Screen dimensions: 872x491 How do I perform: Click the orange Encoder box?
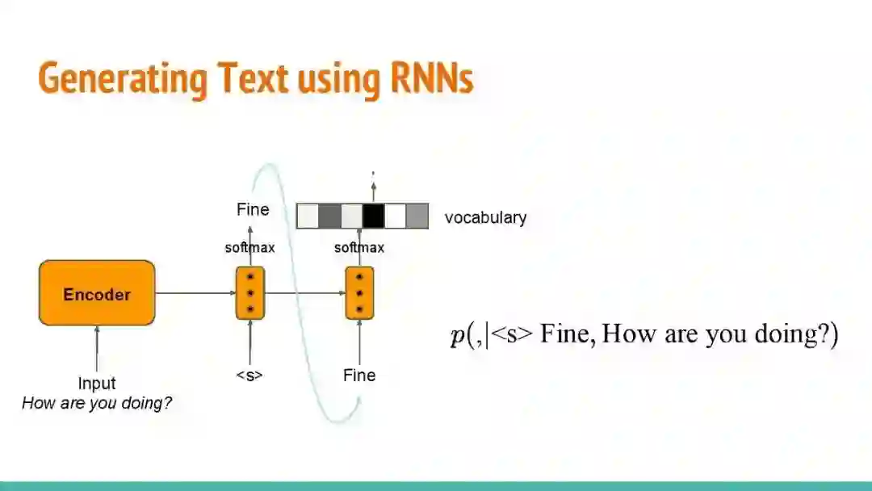pos(97,293)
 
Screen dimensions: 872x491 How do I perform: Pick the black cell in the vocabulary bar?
pos(373,216)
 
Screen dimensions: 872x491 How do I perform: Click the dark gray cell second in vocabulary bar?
pos(329,216)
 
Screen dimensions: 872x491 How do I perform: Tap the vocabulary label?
pos(485,217)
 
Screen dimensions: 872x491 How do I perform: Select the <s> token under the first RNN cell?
pos(250,376)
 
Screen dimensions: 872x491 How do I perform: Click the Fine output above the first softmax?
pos(253,210)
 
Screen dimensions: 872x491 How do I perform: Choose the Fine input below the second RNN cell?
pos(359,376)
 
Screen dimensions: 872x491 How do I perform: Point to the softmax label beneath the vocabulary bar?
pos(359,248)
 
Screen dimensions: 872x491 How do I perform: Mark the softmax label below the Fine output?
pos(249,248)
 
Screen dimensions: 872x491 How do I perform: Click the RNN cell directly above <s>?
pos(250,293)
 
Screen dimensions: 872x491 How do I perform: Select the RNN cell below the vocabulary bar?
pos(359,293)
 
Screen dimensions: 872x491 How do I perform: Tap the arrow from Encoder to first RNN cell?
pos(195,293)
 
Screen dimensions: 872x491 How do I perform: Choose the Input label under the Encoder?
pos(97,384)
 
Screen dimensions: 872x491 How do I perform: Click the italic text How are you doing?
pos(97,403)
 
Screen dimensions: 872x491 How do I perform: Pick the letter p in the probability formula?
pos(457,335)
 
